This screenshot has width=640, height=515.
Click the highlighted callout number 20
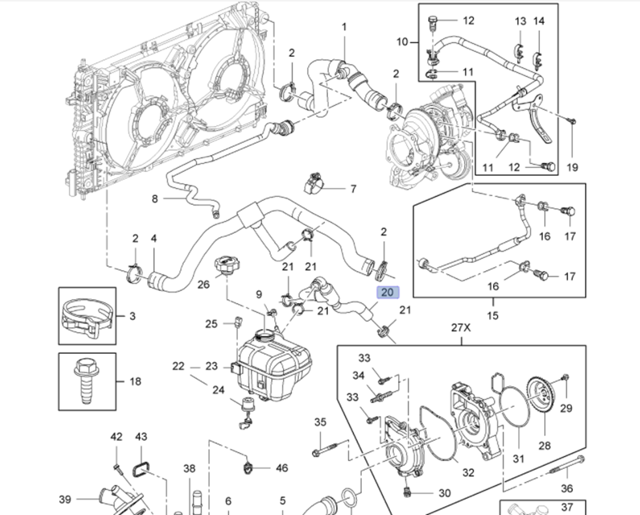pos(387,292)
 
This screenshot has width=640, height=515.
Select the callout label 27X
pos(461,328)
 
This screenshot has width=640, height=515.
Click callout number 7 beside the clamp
pos(353,189)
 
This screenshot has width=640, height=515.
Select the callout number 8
pos(154,199)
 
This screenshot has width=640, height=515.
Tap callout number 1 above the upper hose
pos(344,27)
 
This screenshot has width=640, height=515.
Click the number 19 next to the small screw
pos(572,167)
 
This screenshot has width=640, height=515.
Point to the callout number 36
pos(567,488)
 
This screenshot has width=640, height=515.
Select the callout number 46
pos(282,468)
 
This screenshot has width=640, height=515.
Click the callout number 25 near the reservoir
pos(211,324)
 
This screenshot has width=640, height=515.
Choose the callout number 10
pos(402,42)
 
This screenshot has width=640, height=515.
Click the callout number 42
pos(116,436)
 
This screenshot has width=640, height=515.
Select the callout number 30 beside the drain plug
pos(445,493)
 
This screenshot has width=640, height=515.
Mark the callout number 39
pos(65,499)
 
